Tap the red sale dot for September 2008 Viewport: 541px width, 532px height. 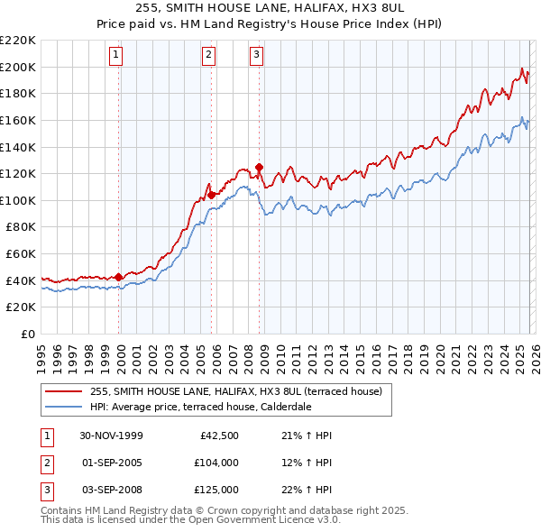click(259, 167)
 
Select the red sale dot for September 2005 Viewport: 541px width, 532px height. click(211, 195)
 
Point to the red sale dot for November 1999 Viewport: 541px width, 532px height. click(119, 277)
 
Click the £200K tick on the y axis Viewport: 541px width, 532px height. click(19, 67)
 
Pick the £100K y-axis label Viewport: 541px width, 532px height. click(19, 200)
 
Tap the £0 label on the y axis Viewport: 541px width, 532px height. click(27, 334)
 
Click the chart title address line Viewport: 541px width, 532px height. click(270, 8)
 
